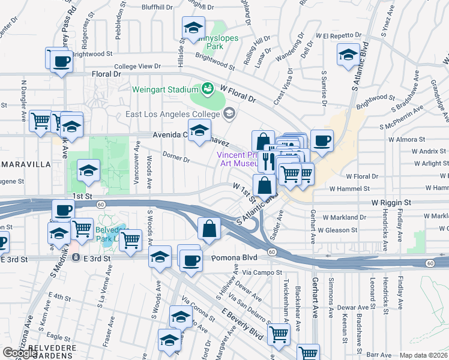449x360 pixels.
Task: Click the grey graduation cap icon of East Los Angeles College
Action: pyautogui.click(x=229, y=113)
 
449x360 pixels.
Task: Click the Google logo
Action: pyautogui.click(x=20, y=353)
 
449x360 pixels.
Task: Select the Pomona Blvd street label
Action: pyautogui.click(x=234, y=258)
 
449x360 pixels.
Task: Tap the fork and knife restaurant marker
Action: pyautogui.click(x=268, y=161)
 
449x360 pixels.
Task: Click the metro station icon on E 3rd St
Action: pyautogui.click(x=76, y=258)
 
